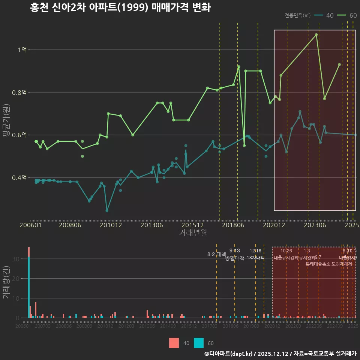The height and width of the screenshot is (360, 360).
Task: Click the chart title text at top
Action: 120,8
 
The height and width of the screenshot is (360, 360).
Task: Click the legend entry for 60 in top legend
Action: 347,15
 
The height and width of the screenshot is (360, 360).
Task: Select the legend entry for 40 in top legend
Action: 324,15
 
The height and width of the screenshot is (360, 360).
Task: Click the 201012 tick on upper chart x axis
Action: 110,225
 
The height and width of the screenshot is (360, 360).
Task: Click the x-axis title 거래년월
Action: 193,233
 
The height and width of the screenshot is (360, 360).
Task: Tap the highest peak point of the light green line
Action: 316,34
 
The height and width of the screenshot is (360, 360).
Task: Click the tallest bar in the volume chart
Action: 29,285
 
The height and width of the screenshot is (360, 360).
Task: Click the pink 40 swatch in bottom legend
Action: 174,343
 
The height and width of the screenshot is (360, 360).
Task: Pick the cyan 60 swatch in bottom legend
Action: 199,343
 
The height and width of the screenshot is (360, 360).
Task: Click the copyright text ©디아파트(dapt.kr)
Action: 228,354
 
